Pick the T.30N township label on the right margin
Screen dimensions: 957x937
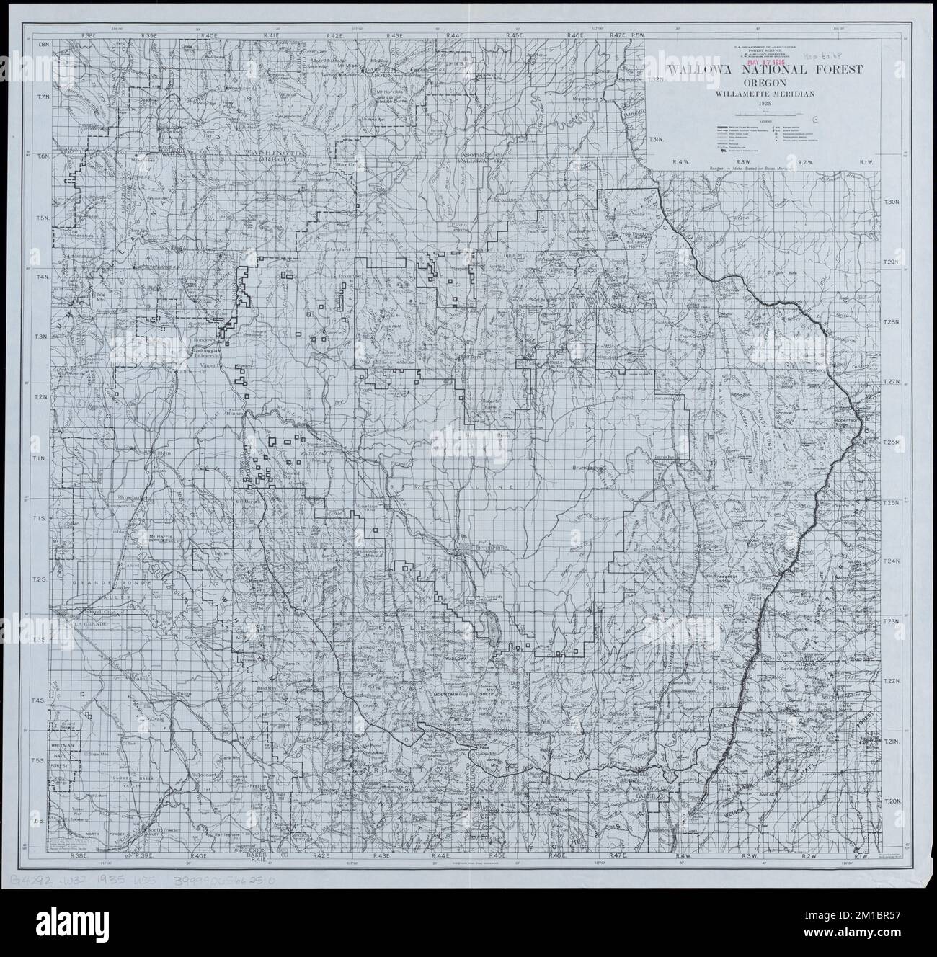893,202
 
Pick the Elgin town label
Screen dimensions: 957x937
158,453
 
